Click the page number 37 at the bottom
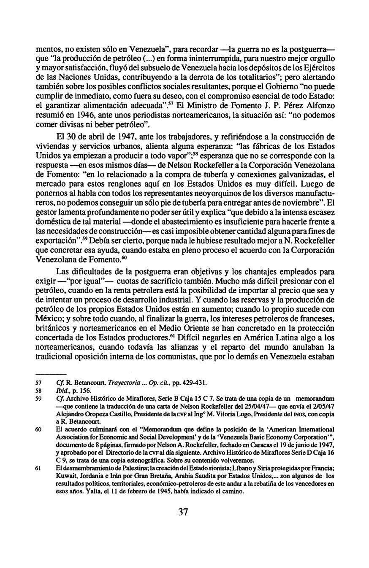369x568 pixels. coord(183,512)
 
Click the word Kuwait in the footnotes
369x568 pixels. coord(65,476)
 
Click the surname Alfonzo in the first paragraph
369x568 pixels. coord(321,105)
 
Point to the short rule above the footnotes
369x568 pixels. coord(51,374)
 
